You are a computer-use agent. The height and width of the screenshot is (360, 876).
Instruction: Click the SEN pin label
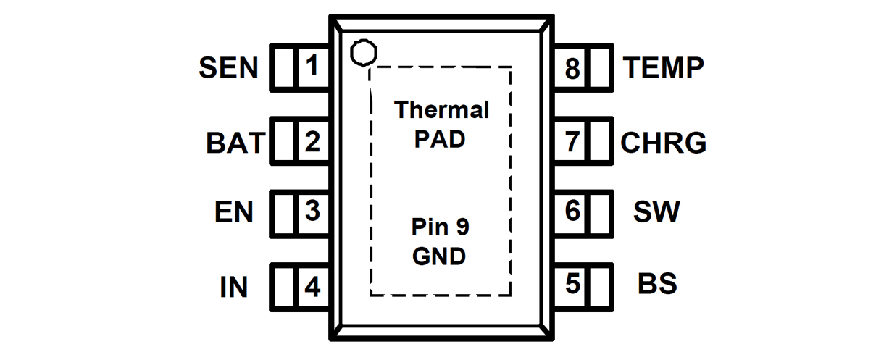point(228,68)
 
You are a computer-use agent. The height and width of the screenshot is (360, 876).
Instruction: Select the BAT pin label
point(235,143)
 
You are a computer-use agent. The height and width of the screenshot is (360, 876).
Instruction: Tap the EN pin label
point(234,213)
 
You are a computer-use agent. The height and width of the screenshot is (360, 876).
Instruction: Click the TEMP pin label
point(663,68)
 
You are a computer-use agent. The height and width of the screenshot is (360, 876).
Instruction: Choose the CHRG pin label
point(663,143)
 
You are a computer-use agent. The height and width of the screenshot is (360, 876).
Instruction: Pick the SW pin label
point(656,213)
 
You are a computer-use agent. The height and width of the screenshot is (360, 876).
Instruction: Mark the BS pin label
point(657,284)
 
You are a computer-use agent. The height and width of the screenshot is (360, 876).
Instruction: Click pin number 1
point(312,67)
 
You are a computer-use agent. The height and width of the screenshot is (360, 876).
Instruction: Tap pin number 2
point(312,142)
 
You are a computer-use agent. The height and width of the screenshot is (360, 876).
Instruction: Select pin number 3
point(312,212)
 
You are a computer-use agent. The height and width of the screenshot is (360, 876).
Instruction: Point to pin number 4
point(312,288)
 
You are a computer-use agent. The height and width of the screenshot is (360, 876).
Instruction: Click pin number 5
point(573,284)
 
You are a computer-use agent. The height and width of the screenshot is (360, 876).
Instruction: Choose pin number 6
point(573,212)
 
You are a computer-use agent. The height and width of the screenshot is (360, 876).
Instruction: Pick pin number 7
point(573,142)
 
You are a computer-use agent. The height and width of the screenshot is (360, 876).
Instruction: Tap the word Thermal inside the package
point(441,110)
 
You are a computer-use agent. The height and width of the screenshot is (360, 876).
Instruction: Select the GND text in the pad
point(439,256)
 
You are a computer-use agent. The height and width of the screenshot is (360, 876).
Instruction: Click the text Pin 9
point(440,228)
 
